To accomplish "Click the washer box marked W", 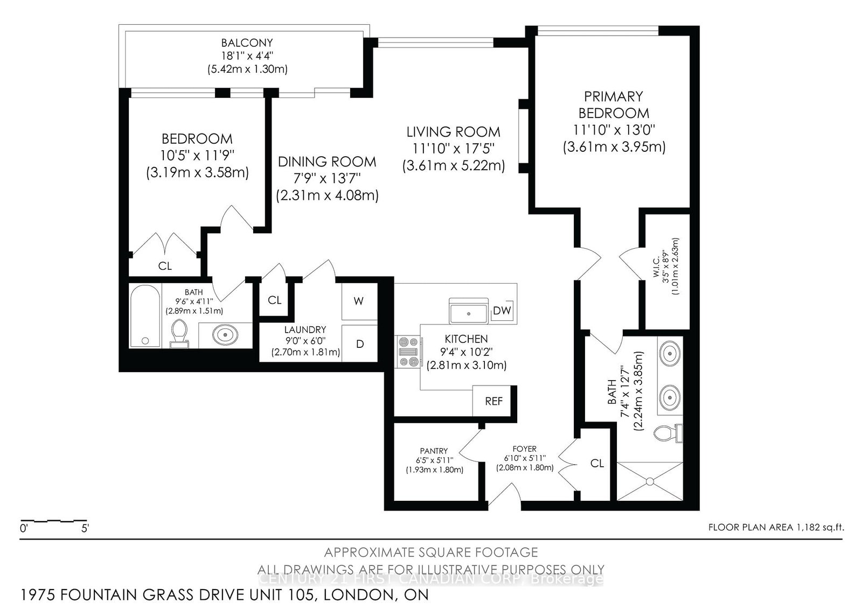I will [359, 301].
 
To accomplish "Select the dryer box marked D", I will [359, 344].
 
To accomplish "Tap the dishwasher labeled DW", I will [502, 311].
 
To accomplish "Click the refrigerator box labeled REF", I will [493, 401].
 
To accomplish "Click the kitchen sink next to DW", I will [469, 312].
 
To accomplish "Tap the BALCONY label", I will [247, 43].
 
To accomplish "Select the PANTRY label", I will [434, 451].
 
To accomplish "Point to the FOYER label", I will [524, 449].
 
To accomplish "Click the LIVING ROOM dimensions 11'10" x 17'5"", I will [453, 149].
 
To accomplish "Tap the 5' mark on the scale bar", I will [85, 529].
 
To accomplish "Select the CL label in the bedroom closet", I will [165, 266].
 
